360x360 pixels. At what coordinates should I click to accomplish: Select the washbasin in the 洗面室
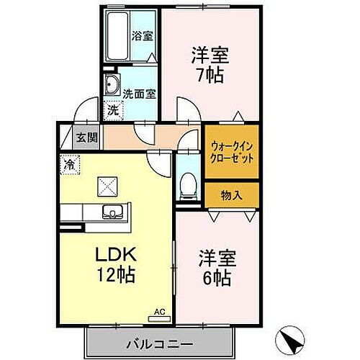[x=112, y=87]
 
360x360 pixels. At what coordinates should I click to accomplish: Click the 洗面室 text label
[x=138, y=93]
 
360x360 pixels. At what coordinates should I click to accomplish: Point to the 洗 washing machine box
[x=113, y=110]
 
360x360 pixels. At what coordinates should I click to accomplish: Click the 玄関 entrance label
[x=86, y=137]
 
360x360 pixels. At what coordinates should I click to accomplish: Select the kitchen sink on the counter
[x=112, y=212]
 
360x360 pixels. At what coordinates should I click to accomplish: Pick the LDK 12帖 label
[x=114, y=264]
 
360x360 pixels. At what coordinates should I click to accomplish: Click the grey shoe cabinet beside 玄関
[x=66, y=137]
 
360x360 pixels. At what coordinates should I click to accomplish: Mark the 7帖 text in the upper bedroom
[x=210, y=75]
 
